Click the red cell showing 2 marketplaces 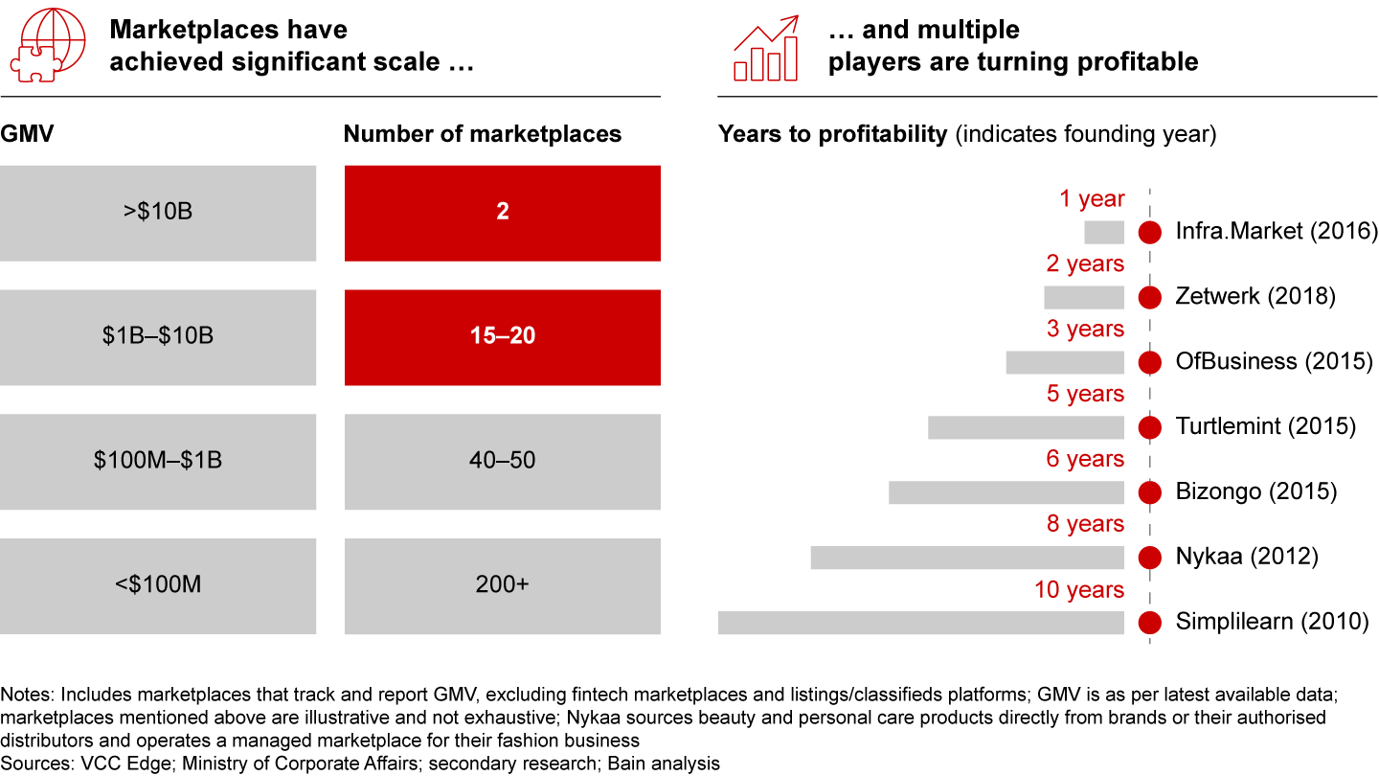coord(502,213)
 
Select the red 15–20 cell coord(502,337)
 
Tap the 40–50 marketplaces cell coord(502,461)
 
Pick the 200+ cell coord(502,585)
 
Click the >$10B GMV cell coord(158,213)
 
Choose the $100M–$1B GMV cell coord(158,461)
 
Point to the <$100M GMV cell coord(158,585)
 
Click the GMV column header coord(27,134)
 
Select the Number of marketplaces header coord(482,134)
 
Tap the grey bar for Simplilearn coord(920,622)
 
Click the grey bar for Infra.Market coord(1103,232)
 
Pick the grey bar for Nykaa coord(966,557)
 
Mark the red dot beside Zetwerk coord(1150,297)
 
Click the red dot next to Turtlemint coord(1150,427)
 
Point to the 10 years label coord(1078,589)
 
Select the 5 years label coord(1085,394)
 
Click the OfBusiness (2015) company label coord(1274,361)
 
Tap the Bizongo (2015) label coord(1255,491)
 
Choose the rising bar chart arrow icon coord(767,48)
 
